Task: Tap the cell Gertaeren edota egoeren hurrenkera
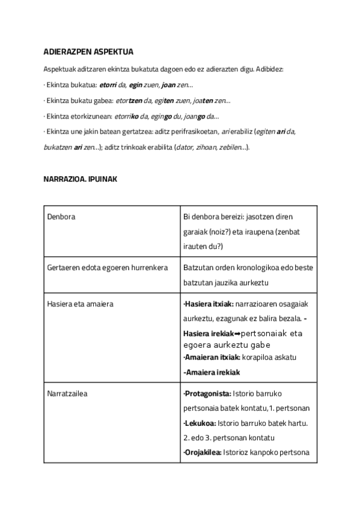click(106, 267)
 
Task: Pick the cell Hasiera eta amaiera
click(80, 304)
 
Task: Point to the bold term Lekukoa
click(198, 423)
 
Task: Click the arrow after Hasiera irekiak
click(236, 333)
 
